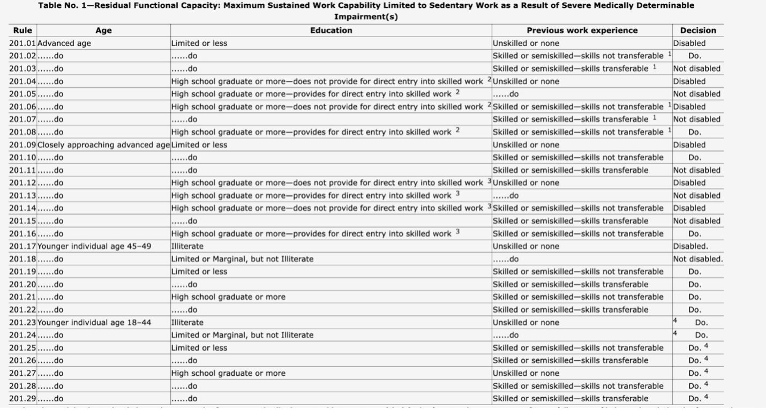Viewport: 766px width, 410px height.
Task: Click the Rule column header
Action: (x=22, y=31)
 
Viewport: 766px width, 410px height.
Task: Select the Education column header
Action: (x=331, y=31)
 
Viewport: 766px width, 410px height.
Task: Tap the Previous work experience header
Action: (x=582, y=31)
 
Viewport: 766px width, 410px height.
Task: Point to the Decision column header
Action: (x=697, y=31)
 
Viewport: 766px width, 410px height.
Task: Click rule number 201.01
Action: (x=22, y=43)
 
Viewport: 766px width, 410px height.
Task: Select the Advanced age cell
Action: (x=64, y=43)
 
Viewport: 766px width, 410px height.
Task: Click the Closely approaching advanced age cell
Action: (x=103, y=145)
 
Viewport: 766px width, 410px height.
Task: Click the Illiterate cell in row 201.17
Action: (x=187, y=246)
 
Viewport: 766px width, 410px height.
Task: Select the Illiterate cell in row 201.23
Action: (x=187, y=323)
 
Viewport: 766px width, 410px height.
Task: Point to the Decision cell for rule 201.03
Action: (x=696, y=69)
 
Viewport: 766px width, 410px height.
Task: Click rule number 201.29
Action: (x=22, y=399)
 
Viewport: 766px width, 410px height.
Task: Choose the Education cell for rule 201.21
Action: (x=228, y=297)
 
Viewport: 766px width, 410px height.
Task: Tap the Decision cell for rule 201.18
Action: (x=697, y=259)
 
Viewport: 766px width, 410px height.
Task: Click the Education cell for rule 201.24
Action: (x=242, y=335)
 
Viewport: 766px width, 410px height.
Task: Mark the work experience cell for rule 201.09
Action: (x=525, y=145)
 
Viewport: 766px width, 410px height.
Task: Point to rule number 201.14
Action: (x=22, y=208)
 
